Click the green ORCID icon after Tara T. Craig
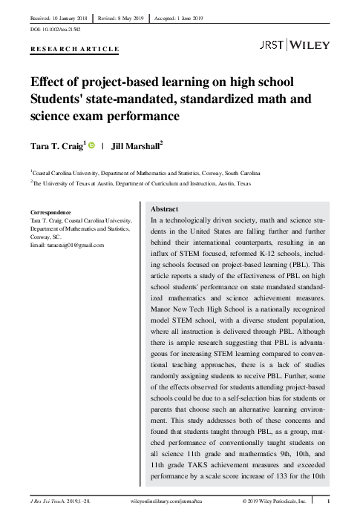point(92,146)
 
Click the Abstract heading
point(164,210)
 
